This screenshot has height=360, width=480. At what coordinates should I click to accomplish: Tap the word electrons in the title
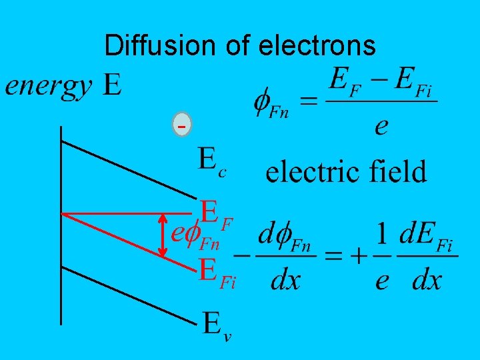317,45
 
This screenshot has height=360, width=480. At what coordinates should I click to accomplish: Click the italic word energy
49,86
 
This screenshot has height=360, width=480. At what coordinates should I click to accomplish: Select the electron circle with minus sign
181,125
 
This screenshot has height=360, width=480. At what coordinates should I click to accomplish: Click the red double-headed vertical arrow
163,235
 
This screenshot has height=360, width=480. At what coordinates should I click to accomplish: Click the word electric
312,172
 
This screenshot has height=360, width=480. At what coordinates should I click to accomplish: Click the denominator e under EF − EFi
381,126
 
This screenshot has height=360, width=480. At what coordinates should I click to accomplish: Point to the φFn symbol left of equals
271,103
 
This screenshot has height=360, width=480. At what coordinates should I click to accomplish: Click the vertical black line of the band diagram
61,227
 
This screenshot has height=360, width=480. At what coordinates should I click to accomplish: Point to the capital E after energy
113,86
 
